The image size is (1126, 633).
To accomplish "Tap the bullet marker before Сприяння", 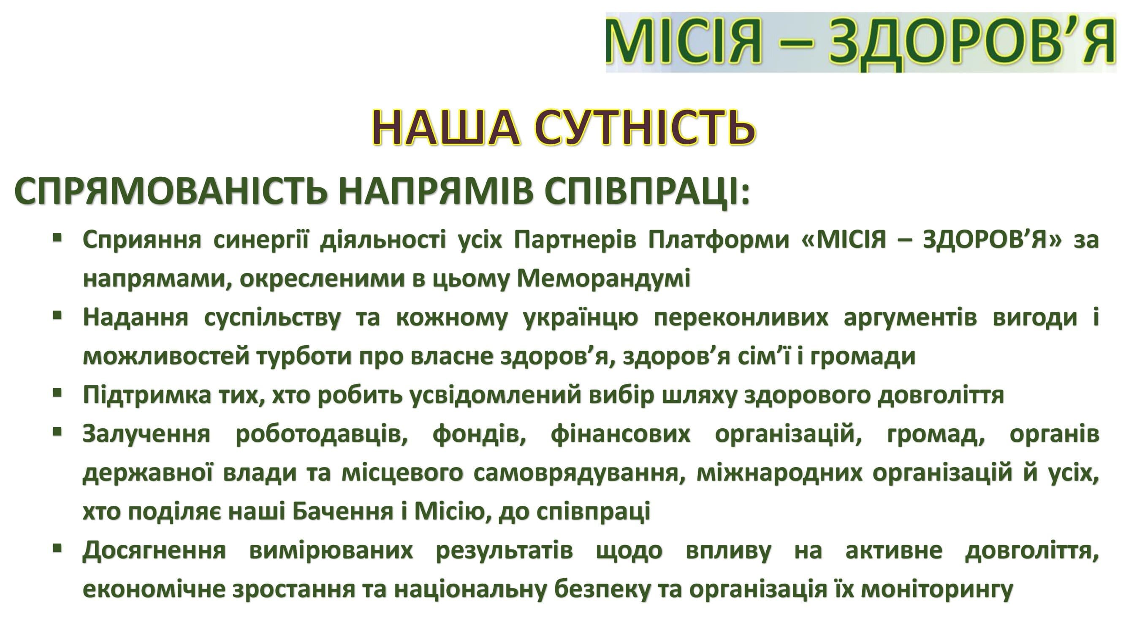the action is [x=57, y=238].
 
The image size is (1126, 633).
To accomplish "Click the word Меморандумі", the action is [x=604, y=279].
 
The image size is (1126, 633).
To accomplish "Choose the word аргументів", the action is [x=910, y=318].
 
